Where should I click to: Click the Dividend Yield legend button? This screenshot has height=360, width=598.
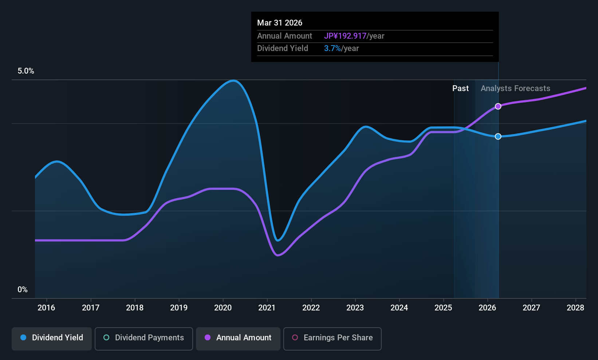tap(52, 338)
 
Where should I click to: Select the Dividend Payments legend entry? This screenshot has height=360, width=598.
tap(143, 338)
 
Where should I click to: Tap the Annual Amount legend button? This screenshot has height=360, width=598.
tap(238, 338)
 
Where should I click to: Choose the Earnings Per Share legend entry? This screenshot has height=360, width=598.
tap(332, 338)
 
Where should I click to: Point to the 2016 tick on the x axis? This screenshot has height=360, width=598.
tap(46, 308)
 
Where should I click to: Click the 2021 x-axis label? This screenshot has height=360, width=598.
tap(267, 308)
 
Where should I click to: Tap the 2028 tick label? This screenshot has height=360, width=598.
tap(575, 308)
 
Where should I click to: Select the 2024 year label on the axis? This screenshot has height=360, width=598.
tap(399, 308)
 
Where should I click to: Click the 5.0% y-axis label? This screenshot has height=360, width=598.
tap(26, 71)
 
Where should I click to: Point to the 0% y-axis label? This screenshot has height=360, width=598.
tap(23, 290)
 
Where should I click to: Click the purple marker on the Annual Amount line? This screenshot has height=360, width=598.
tap(498, 106)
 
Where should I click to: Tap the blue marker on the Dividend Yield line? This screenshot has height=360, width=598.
tap(498, 136)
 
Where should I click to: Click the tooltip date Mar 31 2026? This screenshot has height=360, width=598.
tap(280, 23)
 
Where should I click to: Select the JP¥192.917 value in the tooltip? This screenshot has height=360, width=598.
tap(345, 36)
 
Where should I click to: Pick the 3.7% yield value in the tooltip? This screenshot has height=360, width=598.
tap(332, 48)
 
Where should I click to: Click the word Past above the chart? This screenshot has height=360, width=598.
tap(460, 89)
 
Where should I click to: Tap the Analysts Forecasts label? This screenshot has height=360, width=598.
tap(515, 89)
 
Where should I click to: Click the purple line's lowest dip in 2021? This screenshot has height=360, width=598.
tap(278, 255)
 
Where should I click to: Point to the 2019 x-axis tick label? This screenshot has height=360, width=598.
tap(179, 308)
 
